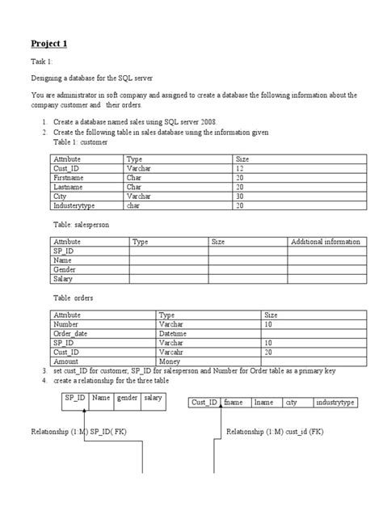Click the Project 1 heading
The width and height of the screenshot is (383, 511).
pyautogui.click(x=48, y=43)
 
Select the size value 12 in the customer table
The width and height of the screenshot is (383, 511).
pyautogui.click(x=240, y=168)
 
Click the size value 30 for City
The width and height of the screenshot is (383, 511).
pyautogui.click(x=240, y=196)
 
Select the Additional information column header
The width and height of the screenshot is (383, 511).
pyautogui.click(x=326, y=241)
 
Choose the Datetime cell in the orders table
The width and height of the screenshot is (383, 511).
pyautogui.click(x=173, y=334)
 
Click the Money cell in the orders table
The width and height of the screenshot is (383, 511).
pyautogui.click(x=170, y=362)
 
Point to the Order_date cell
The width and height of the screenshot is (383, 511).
pyautogui.click(x=74, y=334)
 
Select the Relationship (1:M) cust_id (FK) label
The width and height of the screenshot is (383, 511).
pyautogui.click(x=275, y=431)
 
